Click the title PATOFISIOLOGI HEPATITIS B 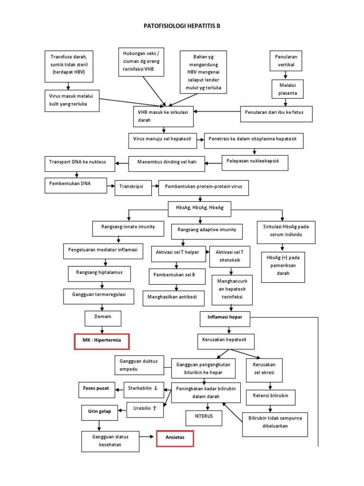coord(182,27)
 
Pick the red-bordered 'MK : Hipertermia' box coord(101,341)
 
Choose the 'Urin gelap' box coord(100,411)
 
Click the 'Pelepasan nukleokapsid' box coord(255,162)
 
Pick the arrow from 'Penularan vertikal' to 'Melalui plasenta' coord(285,75)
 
